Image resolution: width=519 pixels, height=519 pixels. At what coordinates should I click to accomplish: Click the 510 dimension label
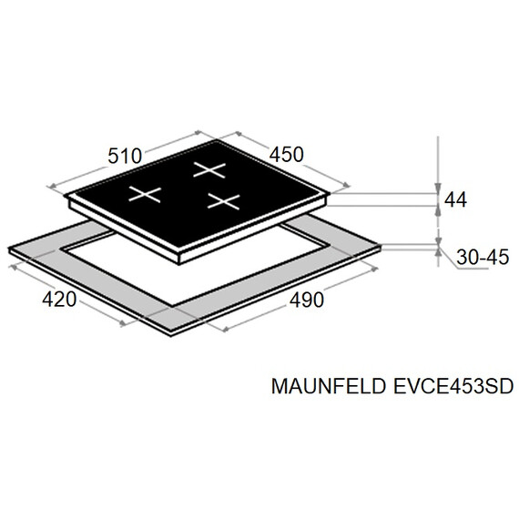pyautogui.click(x=125, y=156)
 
